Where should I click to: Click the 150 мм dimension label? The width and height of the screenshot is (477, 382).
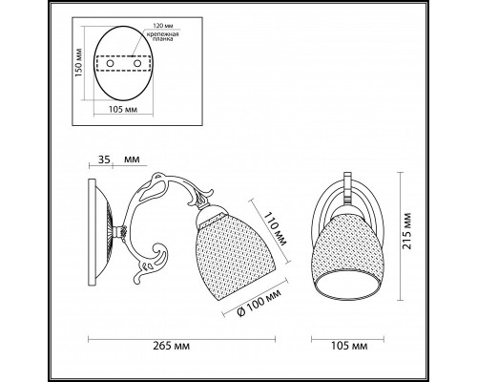(78, 63)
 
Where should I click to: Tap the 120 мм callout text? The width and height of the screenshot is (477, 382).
(163, 26)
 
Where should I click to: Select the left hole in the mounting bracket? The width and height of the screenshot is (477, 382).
(110, 64)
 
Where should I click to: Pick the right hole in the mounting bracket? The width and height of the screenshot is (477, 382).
(137, 64)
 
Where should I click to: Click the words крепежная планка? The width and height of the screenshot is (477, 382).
(162, 36)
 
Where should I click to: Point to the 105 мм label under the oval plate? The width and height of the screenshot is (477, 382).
(123, 110)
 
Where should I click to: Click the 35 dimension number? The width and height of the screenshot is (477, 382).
(104, 159)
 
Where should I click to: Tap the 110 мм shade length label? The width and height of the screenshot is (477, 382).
(276, 230)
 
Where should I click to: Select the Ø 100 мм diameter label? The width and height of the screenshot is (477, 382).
(259, 303)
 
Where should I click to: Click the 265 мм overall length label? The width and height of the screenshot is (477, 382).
(172, 346)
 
